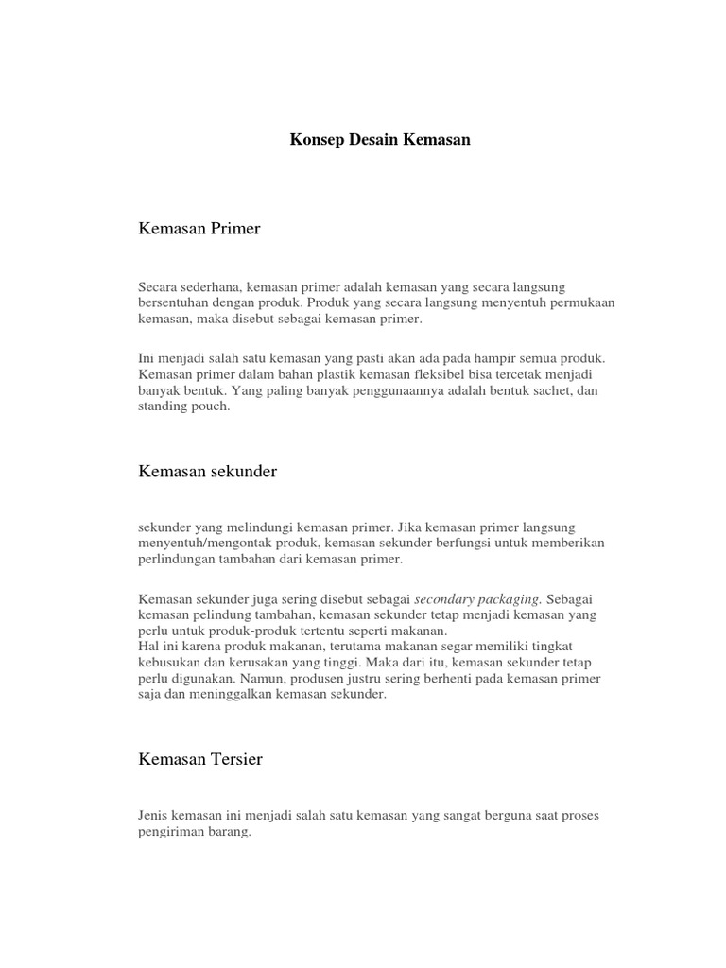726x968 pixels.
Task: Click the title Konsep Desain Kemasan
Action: click(379, 140)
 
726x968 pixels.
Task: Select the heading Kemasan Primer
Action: click(199, 229)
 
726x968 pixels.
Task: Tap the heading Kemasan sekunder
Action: click(208, 471)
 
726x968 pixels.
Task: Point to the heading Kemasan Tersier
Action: click(200, 758)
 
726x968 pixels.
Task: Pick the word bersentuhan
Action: click(174, 303)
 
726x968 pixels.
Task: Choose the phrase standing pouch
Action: click(184, 407)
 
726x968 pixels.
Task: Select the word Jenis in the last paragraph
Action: click(154, 815)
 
